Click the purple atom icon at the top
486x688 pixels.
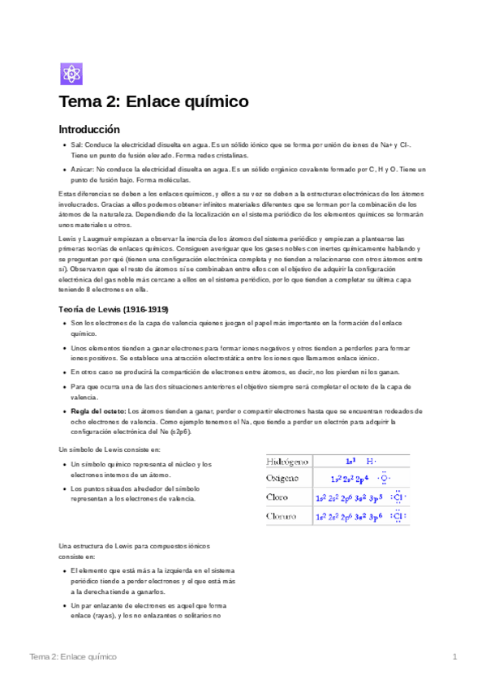71,74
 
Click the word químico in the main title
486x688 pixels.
211,102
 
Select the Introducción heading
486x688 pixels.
89,129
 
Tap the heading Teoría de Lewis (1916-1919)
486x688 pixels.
114,308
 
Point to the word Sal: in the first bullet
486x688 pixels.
80,144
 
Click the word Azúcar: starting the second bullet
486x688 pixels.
84,169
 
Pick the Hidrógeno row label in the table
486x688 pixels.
287,461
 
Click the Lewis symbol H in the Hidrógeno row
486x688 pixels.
370,461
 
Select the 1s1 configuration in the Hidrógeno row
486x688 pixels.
350,461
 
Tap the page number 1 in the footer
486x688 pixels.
455,656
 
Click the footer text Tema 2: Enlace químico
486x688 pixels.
72,656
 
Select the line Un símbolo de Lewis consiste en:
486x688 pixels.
98,449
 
